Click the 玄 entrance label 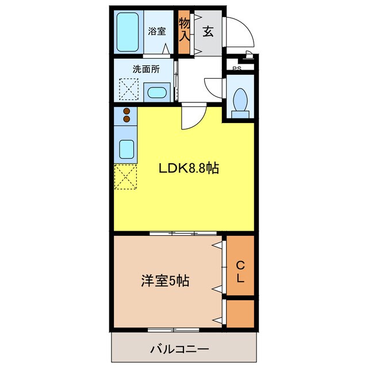pyautogui.click(x=208, y=32)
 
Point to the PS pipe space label pyautogui.click(x=236, y=69)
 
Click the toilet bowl pyautogui.click(x=240, y=100)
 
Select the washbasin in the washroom pyautogui.click(x=156, y=93)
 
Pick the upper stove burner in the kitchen pyautogui.click(x=127, y=112)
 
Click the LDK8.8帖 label pyautogui.click(x=188, y=168)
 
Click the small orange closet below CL pyautogui.click(x=240, y=314)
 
